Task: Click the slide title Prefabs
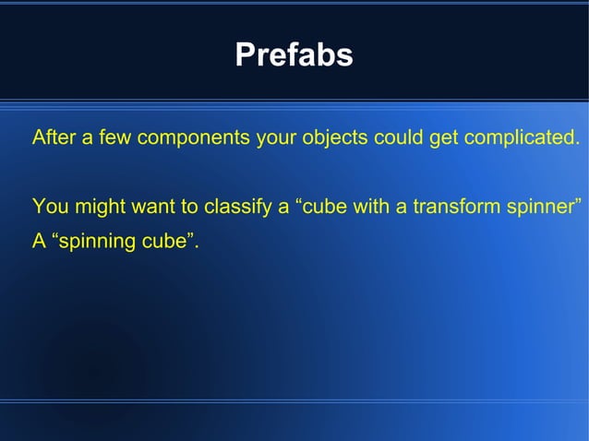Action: click(294, 55)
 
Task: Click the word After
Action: click(51, 139)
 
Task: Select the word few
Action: click(106, 139)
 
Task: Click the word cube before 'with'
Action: click(324, 206)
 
